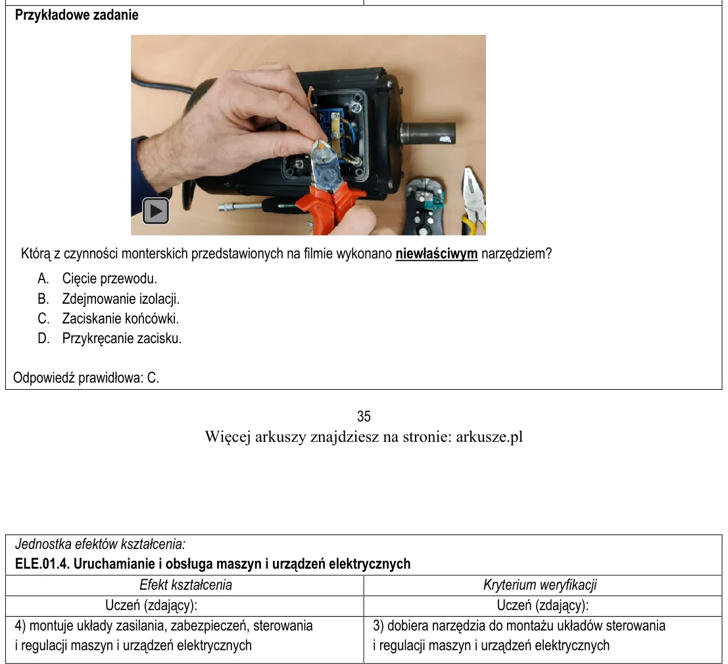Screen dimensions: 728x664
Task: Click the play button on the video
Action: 156,211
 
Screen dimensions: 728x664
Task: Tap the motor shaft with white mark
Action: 427,133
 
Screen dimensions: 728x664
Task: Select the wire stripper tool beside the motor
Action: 424,206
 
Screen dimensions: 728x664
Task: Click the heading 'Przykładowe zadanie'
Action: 76,15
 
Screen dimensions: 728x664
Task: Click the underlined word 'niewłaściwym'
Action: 437,254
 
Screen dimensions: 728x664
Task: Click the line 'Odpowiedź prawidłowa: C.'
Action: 86,378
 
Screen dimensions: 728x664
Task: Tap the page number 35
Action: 364,416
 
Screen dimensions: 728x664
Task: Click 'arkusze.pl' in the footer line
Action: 489,437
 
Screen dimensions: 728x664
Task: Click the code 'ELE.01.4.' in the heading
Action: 43,564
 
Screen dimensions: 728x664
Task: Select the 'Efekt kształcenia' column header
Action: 185,584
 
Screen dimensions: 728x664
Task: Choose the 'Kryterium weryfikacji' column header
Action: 540,584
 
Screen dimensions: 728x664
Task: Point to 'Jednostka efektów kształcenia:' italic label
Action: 100,544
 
